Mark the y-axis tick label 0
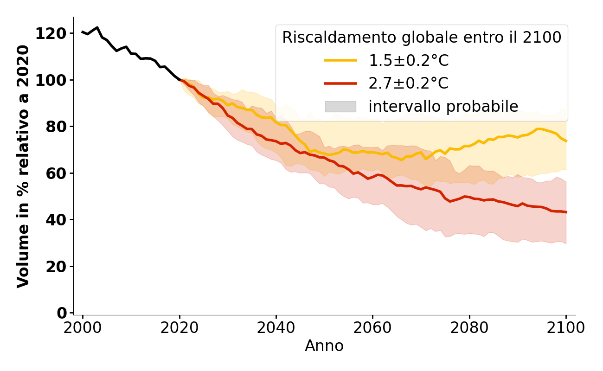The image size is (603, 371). [x=62, y=313]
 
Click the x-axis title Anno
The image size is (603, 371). [x=324, y=346]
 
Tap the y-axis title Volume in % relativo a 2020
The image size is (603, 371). [x=23, y=166]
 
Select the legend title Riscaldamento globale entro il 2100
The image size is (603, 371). [x=422, y=38]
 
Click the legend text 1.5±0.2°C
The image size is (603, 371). [x=408, y=61]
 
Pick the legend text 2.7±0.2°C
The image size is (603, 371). [x=408, y=83]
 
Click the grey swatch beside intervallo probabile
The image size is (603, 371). [x=340, y=107]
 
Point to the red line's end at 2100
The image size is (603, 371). [x=566, y=212]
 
